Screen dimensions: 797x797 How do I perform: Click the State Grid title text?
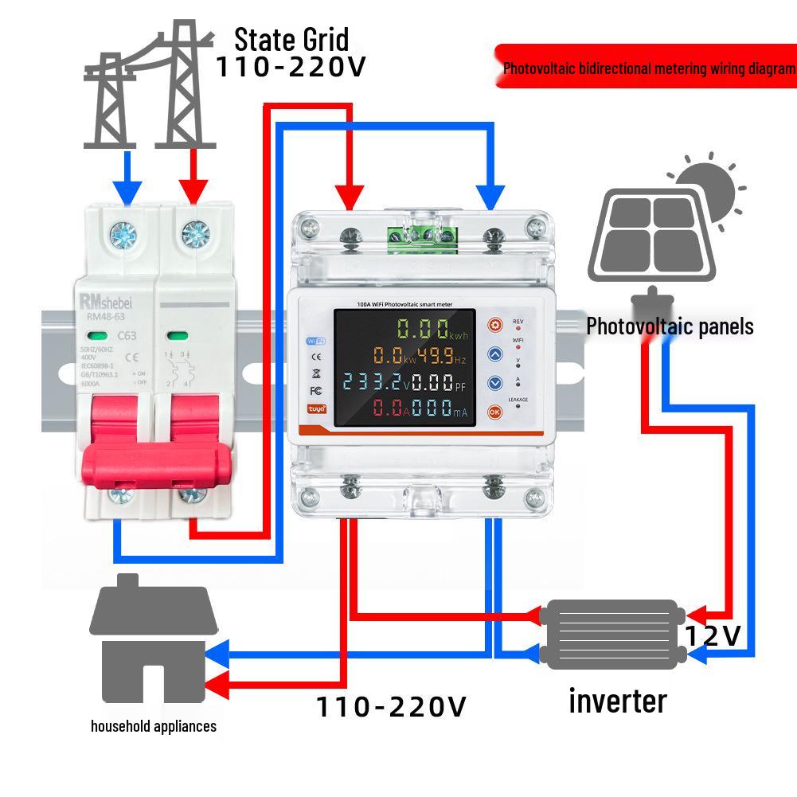click(x=291, y=39)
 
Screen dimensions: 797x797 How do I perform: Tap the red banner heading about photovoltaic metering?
click(x=647, y=68)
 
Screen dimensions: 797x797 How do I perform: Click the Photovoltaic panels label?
click(x=670, y=326)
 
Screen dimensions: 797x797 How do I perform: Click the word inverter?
click(x=617, y=701)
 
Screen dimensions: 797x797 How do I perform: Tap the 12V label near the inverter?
click(x=713, y=635)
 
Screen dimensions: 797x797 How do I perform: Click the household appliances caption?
click(x=153, y=726)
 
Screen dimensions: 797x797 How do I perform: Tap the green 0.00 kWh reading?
click(x=422, y=329)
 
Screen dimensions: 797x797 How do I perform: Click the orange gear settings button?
click(x=495, y=325)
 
